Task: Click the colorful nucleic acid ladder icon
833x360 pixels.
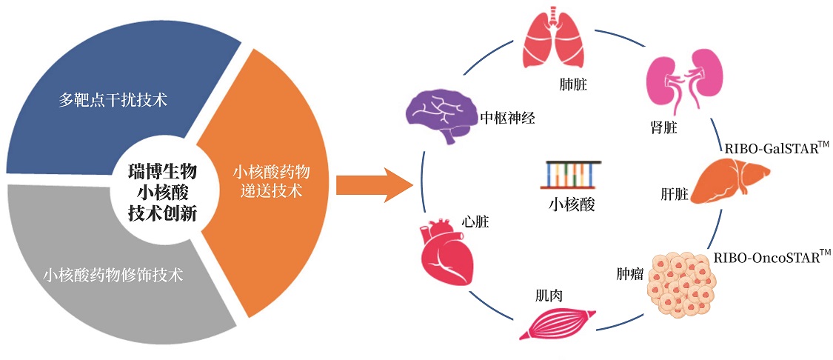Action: click(x=572, y=175)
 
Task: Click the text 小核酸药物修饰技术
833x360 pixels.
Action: click(x=113, y=275)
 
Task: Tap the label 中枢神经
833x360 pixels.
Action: click(x=506, y=118)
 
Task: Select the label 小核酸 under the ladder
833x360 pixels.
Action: click(x=572, y=204)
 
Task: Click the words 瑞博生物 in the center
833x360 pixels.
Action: click(x=163, y=172)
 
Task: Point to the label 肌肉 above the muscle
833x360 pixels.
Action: click(x=548, y=295)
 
